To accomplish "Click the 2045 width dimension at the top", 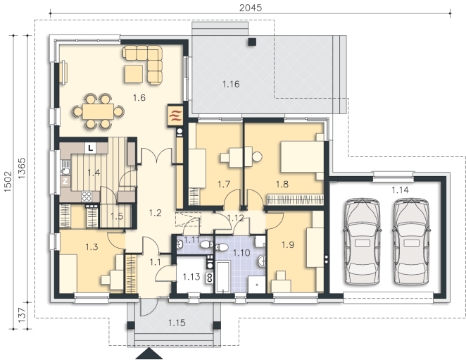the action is coord(251,8).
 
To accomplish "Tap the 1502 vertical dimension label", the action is coord(8,181).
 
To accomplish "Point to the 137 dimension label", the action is coord(22,316).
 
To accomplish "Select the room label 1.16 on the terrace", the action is coord(231,85).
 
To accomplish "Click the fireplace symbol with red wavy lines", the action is coord(175,116).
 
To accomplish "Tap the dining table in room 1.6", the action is coord(98,111).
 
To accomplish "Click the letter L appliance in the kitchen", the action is coord(91,148).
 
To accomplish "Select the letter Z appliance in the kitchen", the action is coord(65,181).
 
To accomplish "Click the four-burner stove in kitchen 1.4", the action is coord(87,196).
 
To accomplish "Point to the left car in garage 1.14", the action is coord(362,242).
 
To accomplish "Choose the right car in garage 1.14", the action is coord(411,242).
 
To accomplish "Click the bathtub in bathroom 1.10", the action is coord(222,278).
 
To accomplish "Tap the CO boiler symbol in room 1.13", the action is coord(210,278).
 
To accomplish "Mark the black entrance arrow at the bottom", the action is coord(149,354).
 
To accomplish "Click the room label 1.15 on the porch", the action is coord(177,323).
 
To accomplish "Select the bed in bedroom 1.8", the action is coord(302,157).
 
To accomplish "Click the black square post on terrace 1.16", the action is coord(252,42).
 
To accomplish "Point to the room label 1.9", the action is coord(288,245).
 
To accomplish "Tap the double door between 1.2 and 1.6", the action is coord(156,156).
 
